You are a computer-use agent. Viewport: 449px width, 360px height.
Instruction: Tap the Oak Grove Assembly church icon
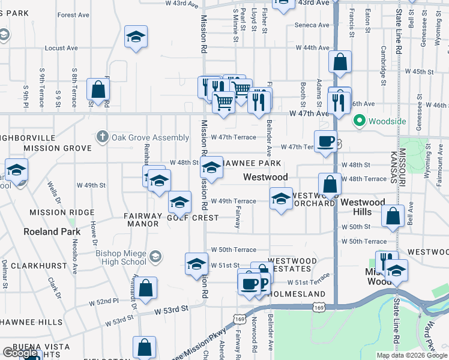[103, 137]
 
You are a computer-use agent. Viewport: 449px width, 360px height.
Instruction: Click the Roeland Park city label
[52, 232]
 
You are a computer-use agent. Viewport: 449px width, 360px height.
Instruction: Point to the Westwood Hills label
[363, 207]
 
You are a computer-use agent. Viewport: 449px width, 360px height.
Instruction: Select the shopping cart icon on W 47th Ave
[223, 101]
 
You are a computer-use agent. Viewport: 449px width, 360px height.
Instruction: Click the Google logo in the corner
[20, 353]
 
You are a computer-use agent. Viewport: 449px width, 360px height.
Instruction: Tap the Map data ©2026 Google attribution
[412, 355]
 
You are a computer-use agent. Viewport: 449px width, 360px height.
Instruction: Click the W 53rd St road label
[172, 309]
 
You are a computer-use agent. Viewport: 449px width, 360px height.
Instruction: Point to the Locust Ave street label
[61, 48]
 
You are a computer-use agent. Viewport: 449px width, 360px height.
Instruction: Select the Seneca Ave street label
[312, 25]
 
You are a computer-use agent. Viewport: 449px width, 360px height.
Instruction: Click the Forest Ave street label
[74, 15]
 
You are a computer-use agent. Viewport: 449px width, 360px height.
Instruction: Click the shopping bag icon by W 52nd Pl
[146, 288]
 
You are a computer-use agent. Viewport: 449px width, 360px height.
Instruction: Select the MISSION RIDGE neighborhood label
[62, 212]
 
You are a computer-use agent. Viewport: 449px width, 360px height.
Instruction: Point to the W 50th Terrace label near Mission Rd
[233, 250]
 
